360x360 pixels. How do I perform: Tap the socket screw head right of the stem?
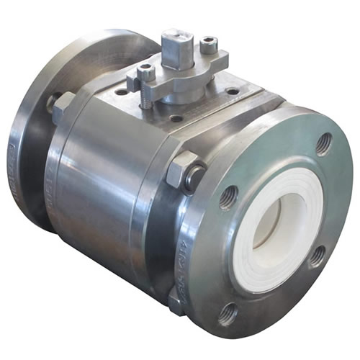(209, 46)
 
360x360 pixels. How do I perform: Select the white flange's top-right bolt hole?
(323, 143)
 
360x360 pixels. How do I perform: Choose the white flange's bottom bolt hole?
(228, 311)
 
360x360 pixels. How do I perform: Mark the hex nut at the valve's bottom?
(177, 300)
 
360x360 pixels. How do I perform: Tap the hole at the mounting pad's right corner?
(232, 91)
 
